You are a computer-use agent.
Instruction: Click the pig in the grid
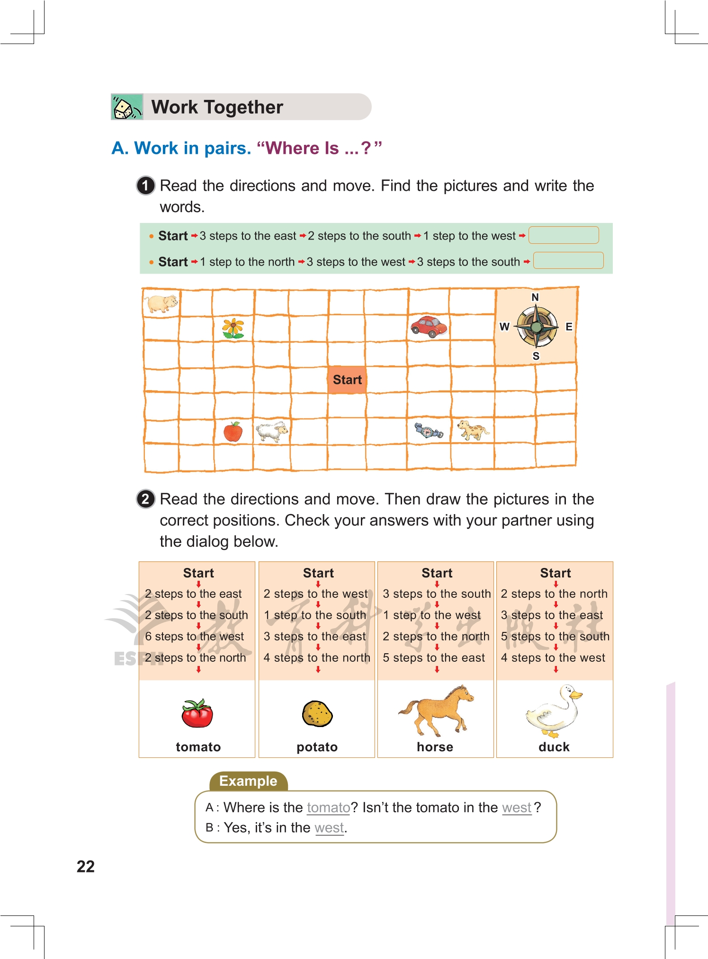coord(161,302)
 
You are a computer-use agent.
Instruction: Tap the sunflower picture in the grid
coord(233,328)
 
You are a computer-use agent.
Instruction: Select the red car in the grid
coord(429,326)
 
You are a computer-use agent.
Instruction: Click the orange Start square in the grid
coord(347,380)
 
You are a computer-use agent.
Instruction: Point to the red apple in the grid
coord(233,432)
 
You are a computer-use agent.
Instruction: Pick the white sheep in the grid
coord(272,431)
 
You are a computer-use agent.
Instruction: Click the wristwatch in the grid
coord(429,431)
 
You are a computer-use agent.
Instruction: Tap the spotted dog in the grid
coord(473,430)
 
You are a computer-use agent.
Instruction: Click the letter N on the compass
coord(535,297)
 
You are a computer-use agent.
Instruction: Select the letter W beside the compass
coord(504,327)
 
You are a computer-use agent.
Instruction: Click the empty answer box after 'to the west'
coord(564,235)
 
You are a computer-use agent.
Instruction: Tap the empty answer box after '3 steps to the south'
coord(568,260)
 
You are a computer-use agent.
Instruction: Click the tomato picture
coord(197,713)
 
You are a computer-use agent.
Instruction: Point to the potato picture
coord(317,714)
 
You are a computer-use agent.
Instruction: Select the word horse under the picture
coord(435,747)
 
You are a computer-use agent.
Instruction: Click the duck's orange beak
coord(576,695)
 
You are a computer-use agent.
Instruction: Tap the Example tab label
coord(248,781)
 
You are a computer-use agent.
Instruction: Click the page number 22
coord(86,866)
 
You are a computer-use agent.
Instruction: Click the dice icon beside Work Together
coord(126,107)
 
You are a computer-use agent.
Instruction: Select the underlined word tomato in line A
coord(328,808)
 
